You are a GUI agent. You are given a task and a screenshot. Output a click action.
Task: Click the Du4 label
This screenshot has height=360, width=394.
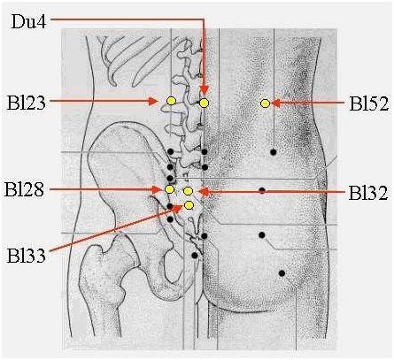tap(28, 21)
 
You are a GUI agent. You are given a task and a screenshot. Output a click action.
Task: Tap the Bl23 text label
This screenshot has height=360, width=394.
tap(27, 103)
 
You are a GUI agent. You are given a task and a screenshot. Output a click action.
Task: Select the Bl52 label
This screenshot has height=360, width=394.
tap(368, 103)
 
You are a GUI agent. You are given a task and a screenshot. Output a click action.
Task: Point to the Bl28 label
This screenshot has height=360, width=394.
tap(24, 189)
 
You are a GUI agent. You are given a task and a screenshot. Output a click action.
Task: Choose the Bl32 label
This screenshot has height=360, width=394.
tap(368, 193)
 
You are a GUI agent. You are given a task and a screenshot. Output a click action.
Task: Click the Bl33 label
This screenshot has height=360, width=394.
tap(27, 256)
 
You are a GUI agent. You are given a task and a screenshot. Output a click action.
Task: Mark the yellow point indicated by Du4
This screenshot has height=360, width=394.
tap(205, 103)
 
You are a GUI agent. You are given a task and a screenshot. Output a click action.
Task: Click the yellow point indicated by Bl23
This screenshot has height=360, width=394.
tap(171, 101)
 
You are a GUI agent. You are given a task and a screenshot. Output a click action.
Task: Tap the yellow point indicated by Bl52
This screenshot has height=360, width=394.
tap(265, 103)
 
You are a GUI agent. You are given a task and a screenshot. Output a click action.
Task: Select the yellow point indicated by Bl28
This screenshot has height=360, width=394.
tap(169, 189)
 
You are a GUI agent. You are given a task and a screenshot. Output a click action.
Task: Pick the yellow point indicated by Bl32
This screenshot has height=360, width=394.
tap(188, 191)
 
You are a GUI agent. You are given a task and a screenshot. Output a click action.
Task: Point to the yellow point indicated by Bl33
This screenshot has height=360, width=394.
tap(189, 205)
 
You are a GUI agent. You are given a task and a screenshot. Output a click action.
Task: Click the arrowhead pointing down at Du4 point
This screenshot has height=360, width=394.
tap(205, 90)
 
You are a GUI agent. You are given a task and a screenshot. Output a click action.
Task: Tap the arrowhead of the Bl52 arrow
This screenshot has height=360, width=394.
tap(275, 103)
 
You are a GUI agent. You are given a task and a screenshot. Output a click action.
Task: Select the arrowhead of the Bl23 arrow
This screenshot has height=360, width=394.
tap(153, 101)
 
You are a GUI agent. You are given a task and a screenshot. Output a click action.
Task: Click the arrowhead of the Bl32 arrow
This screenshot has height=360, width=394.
tap(205, 192)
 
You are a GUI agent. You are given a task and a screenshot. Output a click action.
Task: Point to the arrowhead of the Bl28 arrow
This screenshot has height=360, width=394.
tap(156, 189)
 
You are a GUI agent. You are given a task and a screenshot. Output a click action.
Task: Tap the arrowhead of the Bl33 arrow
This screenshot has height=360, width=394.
tap(178, 209)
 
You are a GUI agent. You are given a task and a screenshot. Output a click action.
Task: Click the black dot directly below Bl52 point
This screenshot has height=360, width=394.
tap(274, 152)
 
